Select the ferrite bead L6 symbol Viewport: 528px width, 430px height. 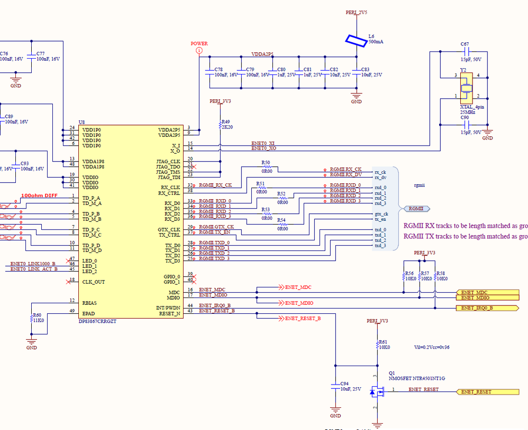click(356, 41)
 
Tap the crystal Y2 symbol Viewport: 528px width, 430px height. click(466, 87)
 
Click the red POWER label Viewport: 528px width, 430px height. click(199, 44)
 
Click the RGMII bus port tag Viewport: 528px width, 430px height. click(417, 209)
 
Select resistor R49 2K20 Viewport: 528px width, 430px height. click(221, 125)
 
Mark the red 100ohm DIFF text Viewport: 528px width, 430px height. click(39, 195)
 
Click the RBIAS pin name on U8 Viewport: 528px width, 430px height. click(90, 303)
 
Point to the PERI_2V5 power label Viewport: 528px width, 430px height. click(356, 11)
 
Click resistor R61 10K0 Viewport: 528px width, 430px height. click(377, 344)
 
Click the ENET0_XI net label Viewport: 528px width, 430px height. click(263, 143)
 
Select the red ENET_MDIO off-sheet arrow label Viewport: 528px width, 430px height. click(299, 303)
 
